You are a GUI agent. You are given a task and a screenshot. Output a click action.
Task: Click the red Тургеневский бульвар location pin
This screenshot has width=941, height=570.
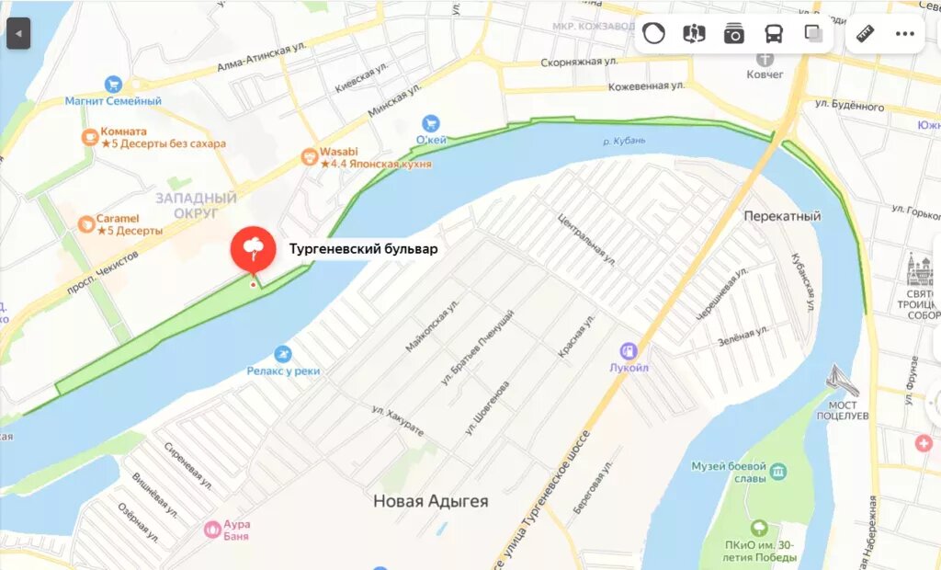coord(253,247)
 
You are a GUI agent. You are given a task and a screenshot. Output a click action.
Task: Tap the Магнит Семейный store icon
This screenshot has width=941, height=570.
coord(113,84)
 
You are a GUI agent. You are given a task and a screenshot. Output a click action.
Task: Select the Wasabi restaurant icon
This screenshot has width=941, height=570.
coord(309,158)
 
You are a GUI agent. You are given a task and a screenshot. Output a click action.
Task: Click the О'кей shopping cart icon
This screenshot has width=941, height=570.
coord(430,123)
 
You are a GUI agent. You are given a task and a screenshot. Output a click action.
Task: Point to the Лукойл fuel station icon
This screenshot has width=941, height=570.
coord(629,351)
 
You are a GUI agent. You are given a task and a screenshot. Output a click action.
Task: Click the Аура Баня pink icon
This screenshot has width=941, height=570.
coord(212,530)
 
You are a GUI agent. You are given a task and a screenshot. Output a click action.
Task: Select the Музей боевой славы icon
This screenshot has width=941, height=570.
coord(779,472)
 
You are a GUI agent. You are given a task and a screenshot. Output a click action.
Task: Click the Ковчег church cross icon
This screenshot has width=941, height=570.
coord(765,59)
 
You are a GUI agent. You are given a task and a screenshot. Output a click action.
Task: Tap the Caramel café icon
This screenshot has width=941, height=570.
coord(86,223)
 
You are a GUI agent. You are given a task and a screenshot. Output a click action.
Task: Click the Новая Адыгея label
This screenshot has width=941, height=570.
coord(430,501)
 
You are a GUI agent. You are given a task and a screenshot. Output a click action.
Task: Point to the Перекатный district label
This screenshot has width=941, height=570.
coord(781,216)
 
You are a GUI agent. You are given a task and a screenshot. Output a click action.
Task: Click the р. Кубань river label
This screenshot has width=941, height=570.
coord(624,141)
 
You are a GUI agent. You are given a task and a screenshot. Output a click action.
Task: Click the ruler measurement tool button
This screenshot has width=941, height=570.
coord(865,34)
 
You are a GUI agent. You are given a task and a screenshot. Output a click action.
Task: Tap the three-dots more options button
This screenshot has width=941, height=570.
coord(905,34)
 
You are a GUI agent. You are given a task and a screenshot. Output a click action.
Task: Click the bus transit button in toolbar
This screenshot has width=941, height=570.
coord(774,34)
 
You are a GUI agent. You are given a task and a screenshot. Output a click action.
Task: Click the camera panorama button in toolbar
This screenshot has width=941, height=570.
coord(733,34)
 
